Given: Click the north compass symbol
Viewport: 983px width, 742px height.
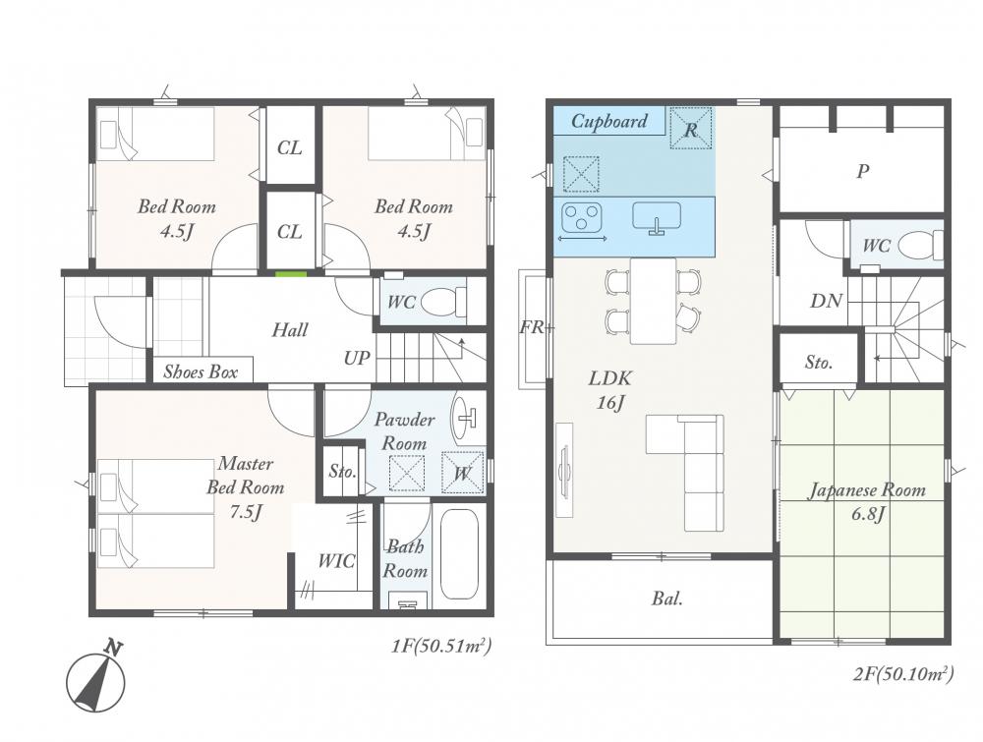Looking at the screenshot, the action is (x=96, y=680).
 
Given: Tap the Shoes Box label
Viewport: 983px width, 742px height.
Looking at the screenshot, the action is (x=201, y=372).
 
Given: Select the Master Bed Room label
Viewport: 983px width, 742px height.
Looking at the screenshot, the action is (x=246, y=487).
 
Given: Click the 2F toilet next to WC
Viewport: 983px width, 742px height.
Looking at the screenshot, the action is (x=923, y=245).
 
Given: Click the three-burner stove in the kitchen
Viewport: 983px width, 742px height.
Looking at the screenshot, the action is (x=583, y=217).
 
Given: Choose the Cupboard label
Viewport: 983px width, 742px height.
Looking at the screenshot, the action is (x=609, y=121).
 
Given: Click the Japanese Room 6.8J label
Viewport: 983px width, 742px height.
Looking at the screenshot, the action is (x=867, y=501).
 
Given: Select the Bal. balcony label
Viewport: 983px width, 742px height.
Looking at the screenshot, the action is (x=667, y=599).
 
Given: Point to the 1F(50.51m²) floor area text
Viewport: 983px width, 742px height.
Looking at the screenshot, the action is (x=440, y=645).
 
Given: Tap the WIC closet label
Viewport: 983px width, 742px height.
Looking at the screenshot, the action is (x=336, y=560).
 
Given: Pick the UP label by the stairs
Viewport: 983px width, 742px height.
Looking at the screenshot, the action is (x=357, y=358).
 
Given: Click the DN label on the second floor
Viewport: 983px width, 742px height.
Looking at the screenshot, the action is (x=826, y=301).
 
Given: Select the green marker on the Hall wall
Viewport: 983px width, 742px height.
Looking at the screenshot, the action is (x=292, y=274).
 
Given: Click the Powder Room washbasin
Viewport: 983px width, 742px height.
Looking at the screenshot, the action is (x=464, y=419).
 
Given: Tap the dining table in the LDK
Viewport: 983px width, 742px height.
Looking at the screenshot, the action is (x=654, y=301).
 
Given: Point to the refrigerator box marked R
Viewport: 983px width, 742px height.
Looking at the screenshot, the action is (x=691, y=129).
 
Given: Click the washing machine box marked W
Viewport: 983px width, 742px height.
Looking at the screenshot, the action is (x=463, y=473).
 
